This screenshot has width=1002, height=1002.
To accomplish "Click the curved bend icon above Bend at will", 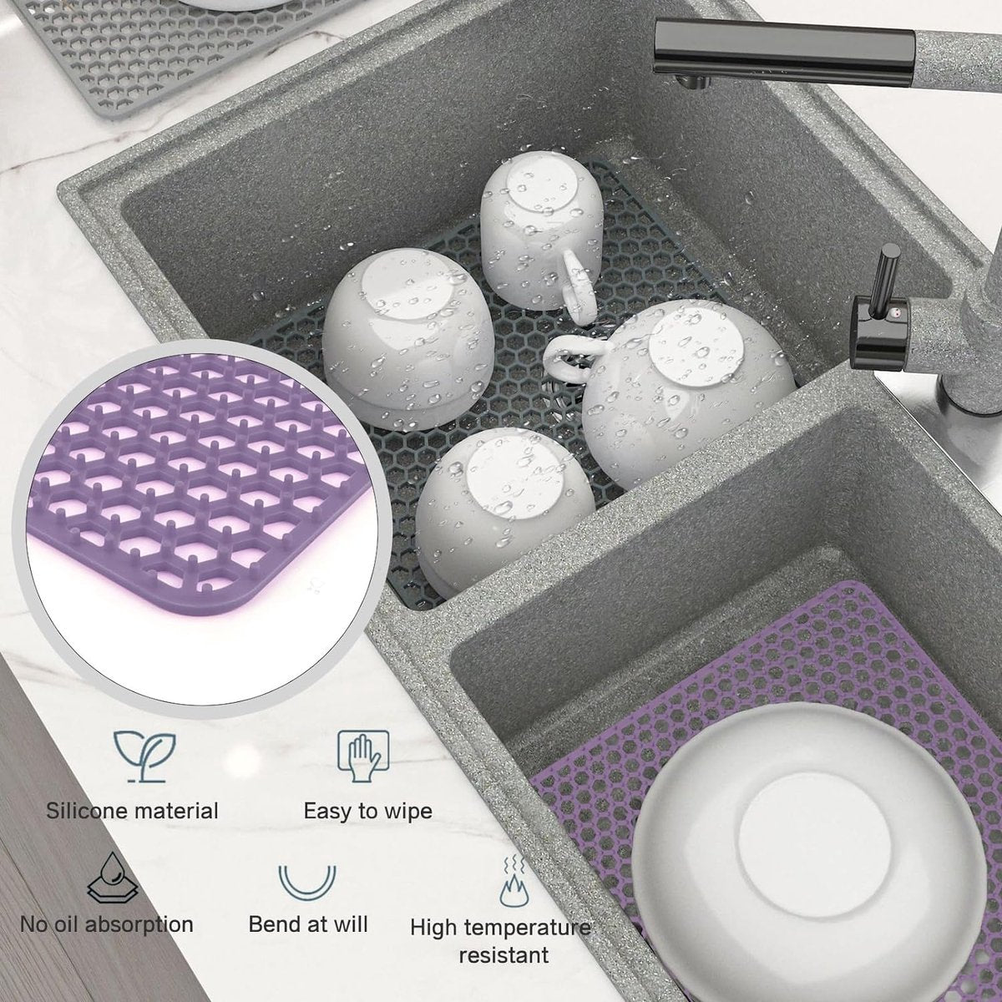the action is point(307,882).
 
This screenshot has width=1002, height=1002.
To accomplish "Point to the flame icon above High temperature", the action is point(514,880).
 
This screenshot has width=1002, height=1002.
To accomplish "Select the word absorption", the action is point(139,925).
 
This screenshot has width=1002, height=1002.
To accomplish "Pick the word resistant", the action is point(504,956).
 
